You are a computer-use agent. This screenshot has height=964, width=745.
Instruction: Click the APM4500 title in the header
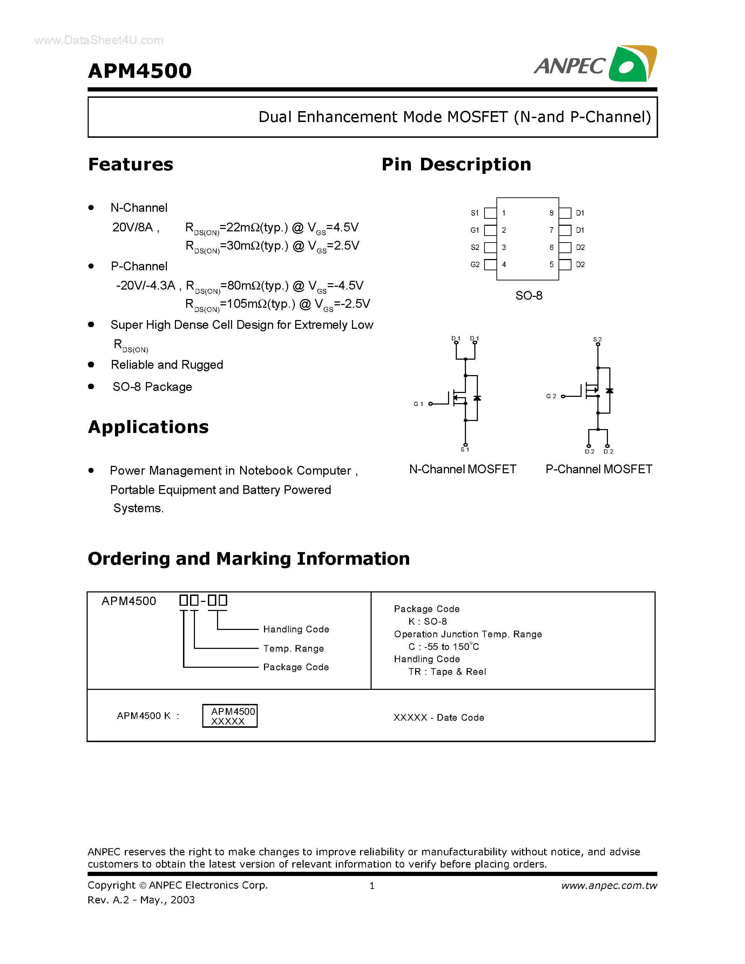tap(140, 71)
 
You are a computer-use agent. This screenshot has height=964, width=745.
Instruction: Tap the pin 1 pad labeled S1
tap(490, 213)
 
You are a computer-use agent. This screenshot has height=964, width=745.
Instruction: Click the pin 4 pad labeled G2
tap(490, 265)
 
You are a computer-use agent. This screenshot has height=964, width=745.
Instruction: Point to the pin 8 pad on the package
tap(565, 213)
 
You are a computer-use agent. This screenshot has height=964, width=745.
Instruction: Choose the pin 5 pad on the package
tap(565, 265)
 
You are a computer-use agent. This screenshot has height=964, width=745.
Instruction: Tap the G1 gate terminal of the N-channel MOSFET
tap(430, 404)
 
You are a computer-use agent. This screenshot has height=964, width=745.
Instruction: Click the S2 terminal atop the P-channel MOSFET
tap(598, 344)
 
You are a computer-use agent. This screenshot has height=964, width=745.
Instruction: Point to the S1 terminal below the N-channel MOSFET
tap(465, 445)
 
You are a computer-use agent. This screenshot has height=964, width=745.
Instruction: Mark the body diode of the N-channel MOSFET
tap(477, 398)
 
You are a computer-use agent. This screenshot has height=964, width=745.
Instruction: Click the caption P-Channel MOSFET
tap(598, 469)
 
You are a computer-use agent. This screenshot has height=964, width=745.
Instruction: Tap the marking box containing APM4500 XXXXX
tap(230, 715)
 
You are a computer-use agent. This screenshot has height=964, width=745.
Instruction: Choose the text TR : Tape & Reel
tap(447, 672)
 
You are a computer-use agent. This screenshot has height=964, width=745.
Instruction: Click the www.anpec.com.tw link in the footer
tap(609, 885)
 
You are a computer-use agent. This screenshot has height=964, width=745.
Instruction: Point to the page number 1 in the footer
tap(372, 885)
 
